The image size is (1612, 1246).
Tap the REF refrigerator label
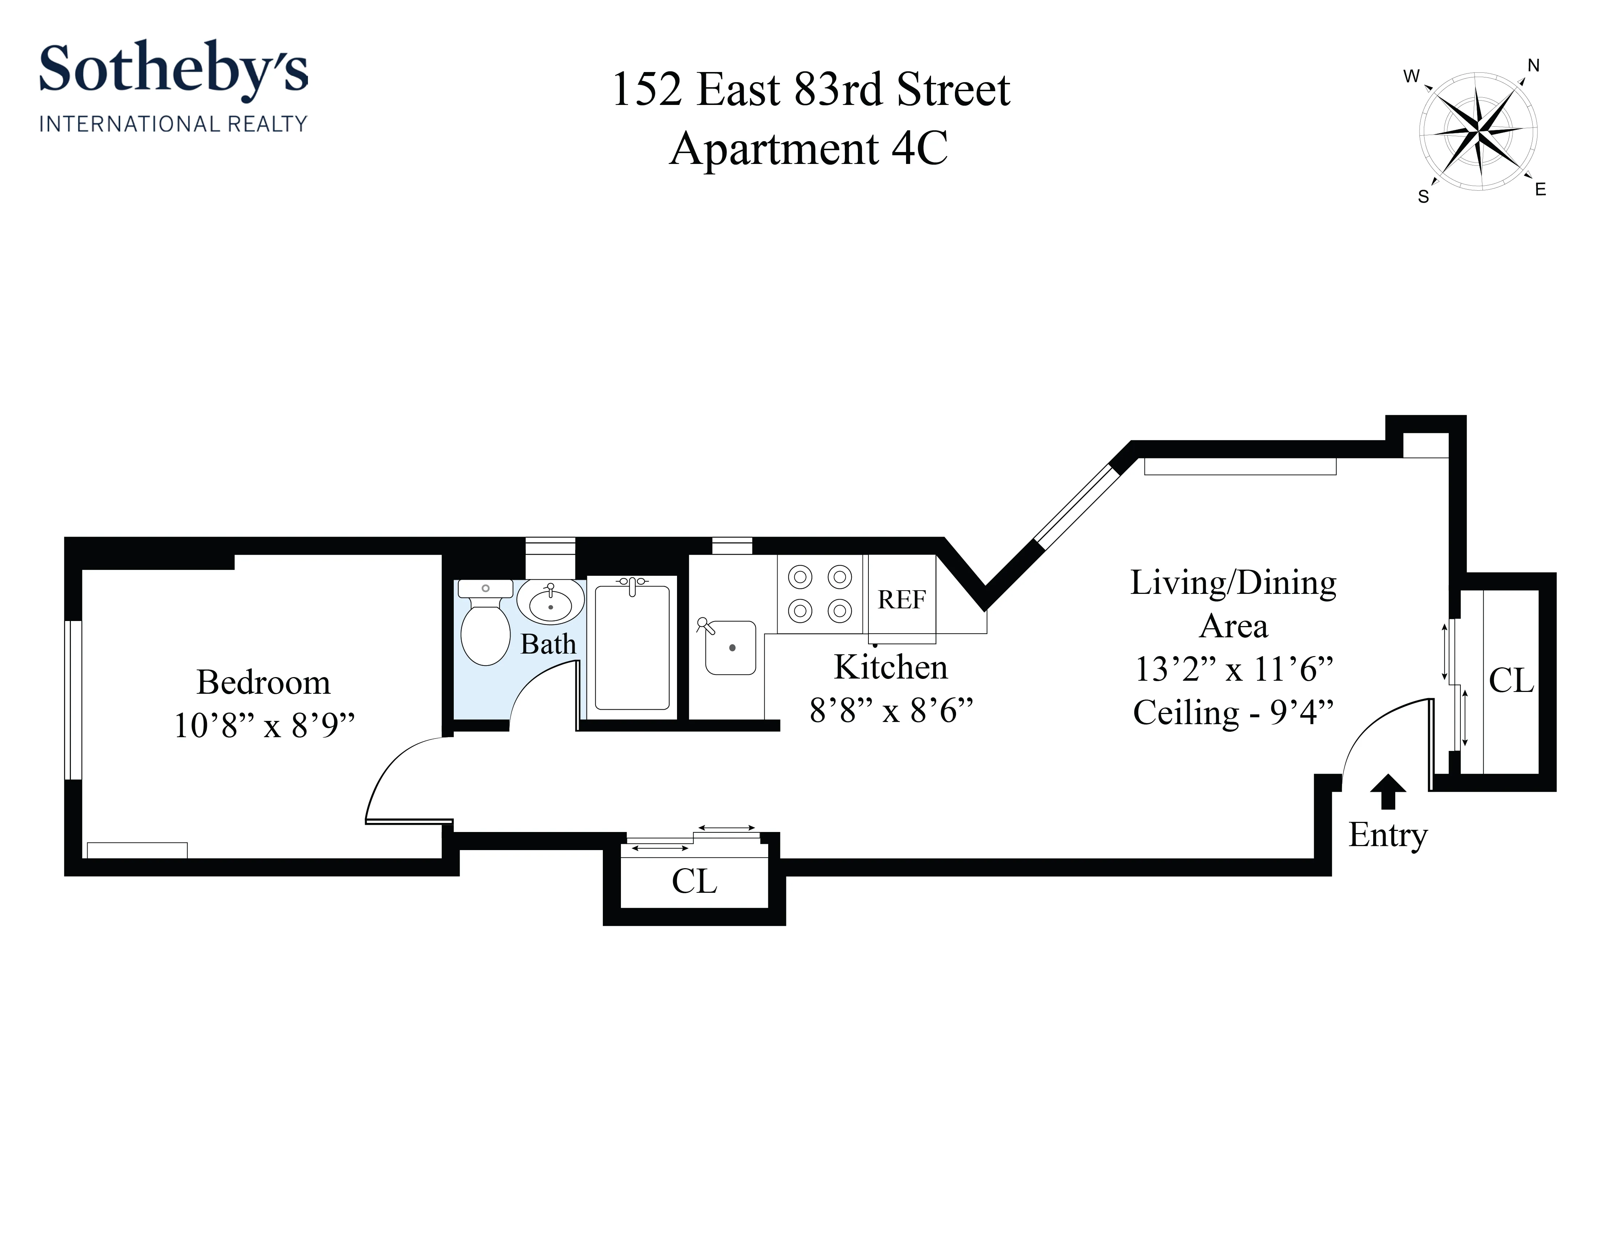901,599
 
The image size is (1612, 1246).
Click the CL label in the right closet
1511,681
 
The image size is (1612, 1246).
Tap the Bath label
548,645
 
